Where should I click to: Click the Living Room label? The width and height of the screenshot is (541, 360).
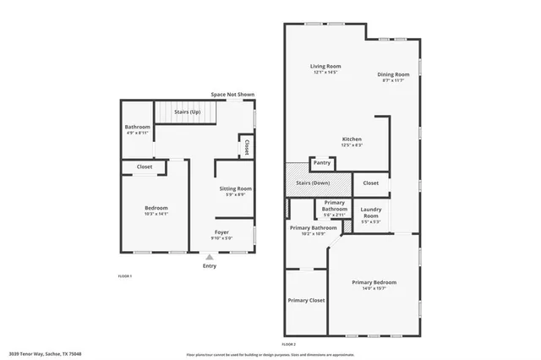[325, 66]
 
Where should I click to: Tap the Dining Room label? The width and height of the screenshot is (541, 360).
[393, 74]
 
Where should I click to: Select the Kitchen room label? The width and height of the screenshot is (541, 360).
[352, 139]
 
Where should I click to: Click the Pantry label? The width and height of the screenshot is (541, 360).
[322, 162]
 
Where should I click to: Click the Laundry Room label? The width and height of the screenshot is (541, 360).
[370, 212]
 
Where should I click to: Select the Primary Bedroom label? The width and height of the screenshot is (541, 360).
[374, 282]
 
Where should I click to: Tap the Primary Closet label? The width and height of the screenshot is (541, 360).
[306, 300]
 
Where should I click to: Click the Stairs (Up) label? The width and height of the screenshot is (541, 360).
[187, 112]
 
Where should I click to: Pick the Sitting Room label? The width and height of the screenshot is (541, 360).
[236, 188]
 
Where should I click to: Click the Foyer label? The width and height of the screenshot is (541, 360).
[221, 232]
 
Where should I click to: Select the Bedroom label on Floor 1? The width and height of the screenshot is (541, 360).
[156, 208]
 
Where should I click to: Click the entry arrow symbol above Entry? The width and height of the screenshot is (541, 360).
[210, 257]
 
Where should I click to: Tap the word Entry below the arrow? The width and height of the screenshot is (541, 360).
[210, 266]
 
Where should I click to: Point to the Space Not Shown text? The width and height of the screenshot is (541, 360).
[232, 95]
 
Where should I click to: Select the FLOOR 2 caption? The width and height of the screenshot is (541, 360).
[290, 345]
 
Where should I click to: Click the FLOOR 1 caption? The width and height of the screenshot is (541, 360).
[124, 276]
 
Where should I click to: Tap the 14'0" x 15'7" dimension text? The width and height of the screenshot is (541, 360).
[374, 288]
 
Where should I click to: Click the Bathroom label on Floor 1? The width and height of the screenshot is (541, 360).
[138, 127]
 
